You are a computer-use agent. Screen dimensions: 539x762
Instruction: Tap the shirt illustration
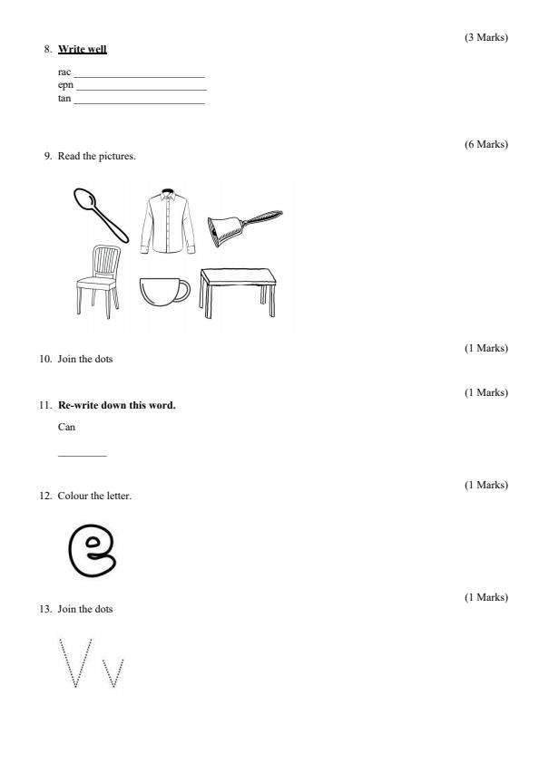tap(168, 221)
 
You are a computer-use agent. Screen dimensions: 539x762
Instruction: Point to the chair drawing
tap(98, 282)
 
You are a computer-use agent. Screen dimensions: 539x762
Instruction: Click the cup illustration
tap(164, 292)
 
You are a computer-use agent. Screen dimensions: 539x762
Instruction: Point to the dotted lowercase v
tap(113, 673)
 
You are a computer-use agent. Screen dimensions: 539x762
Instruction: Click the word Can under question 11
tap(66, 427)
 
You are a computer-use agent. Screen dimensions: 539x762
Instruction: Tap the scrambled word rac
tap(64, 72)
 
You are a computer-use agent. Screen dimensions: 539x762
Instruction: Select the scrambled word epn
tap(65, 85)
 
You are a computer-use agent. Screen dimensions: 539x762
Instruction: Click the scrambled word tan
tap(64, 98)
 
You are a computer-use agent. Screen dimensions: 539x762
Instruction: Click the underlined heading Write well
tap(83, 49)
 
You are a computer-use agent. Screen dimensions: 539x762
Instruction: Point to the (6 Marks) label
tap(486, 144)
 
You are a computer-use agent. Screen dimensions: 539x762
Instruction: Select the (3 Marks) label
tap(486, 37)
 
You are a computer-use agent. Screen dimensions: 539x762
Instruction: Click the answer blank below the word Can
tap(83, 456)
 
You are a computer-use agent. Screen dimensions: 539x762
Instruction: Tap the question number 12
tap(45, 496)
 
